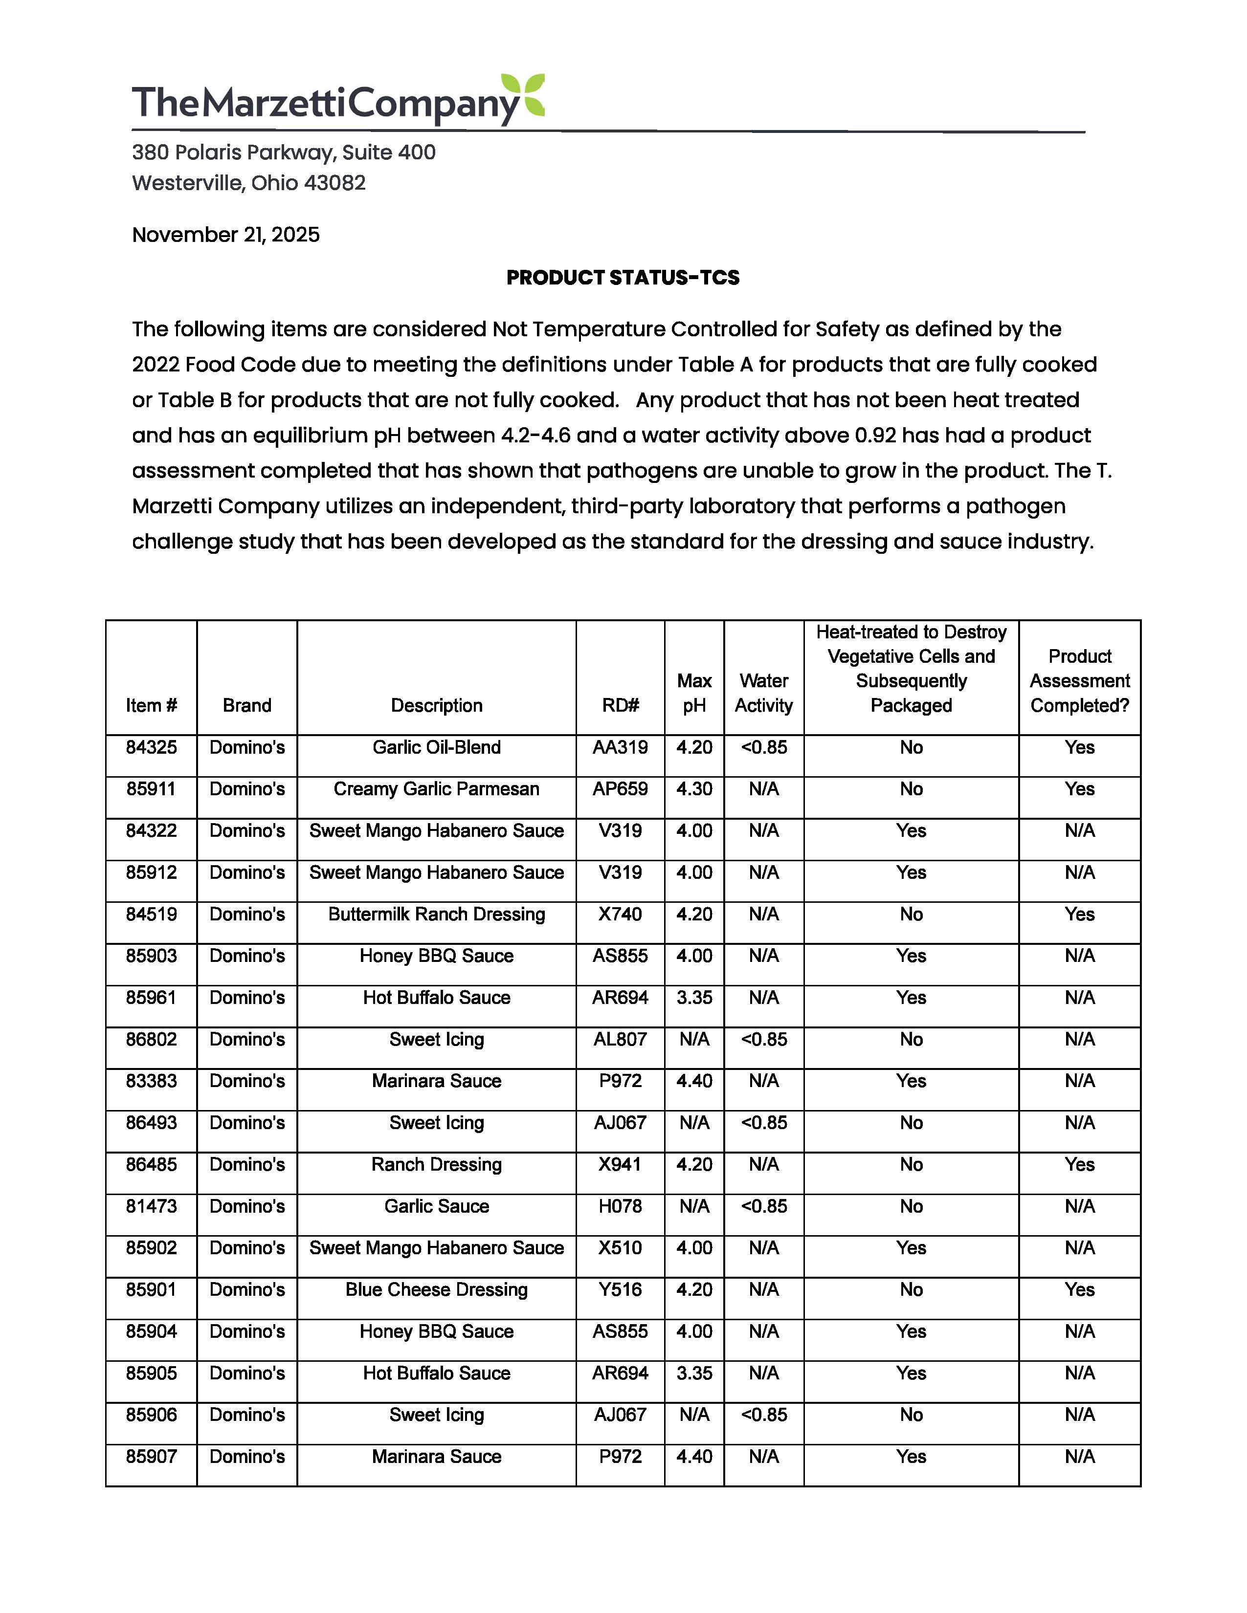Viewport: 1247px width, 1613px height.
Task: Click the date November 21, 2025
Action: pos(225,235)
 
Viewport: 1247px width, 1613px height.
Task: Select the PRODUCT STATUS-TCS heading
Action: pos(623,278)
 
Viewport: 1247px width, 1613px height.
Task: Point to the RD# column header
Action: pos(620,705)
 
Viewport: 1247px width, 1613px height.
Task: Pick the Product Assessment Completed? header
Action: pos(1079,681)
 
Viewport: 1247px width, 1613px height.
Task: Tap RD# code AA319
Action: pos(620,747)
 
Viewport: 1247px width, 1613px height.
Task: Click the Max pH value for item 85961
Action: pos(694,998)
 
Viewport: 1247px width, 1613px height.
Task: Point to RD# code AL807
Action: pos(620,1039)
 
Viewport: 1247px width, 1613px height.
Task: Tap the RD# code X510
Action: pos(620,1248)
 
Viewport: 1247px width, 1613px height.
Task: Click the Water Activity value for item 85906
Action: pos(763,1415)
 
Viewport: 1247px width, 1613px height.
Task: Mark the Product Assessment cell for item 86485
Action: pos(1079,1165)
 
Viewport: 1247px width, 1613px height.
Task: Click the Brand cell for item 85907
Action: pos(247,1457)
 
